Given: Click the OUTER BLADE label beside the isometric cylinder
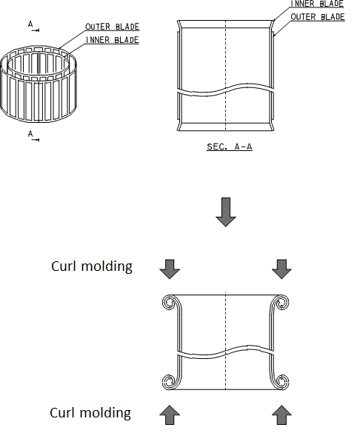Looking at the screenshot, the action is tap(113, 27).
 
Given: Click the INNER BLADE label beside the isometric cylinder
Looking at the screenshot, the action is tap(113, 40).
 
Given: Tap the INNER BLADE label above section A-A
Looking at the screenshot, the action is tap(317, 4).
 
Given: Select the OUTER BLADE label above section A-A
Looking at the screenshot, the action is tap(318, 17).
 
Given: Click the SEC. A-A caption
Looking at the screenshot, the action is tap(230, 147).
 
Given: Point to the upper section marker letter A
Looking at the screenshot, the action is tap(30, 24).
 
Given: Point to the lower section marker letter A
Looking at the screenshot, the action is tap(30, 134).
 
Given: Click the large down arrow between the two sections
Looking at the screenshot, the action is tap(226, 212).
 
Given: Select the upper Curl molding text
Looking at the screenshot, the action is tap(92, 266).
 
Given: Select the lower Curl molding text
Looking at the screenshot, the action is tap(90, 413).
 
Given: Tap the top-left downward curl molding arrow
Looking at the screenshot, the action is tap(170, 269).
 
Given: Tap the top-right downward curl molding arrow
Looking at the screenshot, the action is tap(281, 269).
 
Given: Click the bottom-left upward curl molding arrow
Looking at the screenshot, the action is tap(170, 415).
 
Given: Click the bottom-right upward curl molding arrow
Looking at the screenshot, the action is tap(281, 415).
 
